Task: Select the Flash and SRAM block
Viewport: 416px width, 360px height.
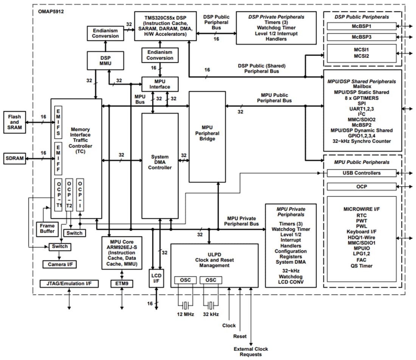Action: pos(15,122)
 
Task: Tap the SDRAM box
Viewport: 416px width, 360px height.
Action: pos(15,159)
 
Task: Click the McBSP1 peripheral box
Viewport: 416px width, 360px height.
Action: pos(362,26)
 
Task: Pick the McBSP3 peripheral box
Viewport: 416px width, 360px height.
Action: pos(362,37)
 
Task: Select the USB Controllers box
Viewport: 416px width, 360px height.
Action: pos(362,173)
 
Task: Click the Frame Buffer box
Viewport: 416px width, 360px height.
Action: pos(47,228)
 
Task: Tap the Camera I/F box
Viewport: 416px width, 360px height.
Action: pos(60,264)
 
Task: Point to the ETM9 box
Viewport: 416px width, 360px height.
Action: pos(121,283)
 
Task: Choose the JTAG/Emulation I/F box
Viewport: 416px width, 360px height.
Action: pos(69,283)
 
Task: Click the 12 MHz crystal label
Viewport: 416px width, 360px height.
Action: pos(185,314)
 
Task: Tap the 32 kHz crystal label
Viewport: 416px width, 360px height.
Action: pos(211,314)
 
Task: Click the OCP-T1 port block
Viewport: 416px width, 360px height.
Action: pos(59,194)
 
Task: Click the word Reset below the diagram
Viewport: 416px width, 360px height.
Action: pos(240,336)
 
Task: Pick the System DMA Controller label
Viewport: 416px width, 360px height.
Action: pos(160,162)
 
